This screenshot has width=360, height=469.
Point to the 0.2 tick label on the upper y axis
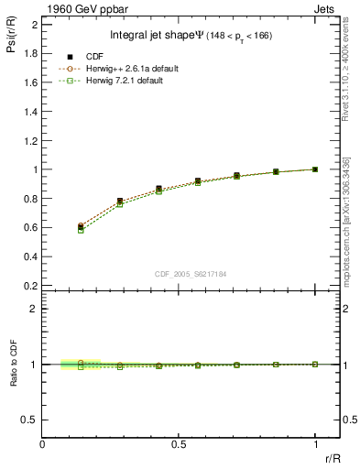pos(31,285)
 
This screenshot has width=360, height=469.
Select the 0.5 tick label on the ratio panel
pos(31,420)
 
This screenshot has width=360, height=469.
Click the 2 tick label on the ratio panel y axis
pos(34,309)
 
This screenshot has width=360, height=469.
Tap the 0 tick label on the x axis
pos(42,445)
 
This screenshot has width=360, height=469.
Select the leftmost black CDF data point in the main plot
pos(81,226)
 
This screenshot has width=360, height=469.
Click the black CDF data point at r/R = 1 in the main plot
pos(315,169)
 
